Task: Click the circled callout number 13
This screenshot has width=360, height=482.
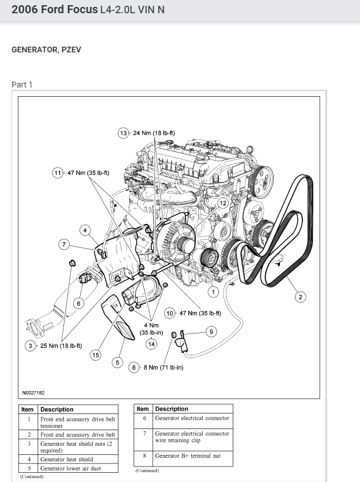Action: (x=123, y=133)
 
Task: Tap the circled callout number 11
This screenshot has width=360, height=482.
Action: (x=58, y=173)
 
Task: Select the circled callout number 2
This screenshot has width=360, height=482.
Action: (x=300, y=297)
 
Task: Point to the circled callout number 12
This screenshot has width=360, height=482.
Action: (x=223, y=203)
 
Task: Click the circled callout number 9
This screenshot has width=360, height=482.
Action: (x=211, y=331)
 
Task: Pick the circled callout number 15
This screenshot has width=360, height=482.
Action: (x=96, y=355)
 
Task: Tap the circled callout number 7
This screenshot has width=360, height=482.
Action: (x=65, y=244)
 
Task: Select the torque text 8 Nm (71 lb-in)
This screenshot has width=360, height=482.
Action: (x=164, y=367)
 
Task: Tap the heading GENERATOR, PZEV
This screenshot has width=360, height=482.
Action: (x=46, y=50)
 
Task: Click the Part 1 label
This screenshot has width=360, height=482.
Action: (x=22, y=85)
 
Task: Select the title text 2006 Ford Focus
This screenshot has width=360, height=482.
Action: (x=51, y=10)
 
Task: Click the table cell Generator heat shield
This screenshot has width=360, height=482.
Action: (x=66, y=459)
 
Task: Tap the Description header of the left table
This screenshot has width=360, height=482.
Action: (x=57, y=409)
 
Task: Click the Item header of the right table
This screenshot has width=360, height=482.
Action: (x=142, y=409)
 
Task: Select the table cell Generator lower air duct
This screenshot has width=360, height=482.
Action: (x=70, y=468)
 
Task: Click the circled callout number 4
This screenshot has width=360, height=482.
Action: (x=85, y=231)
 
